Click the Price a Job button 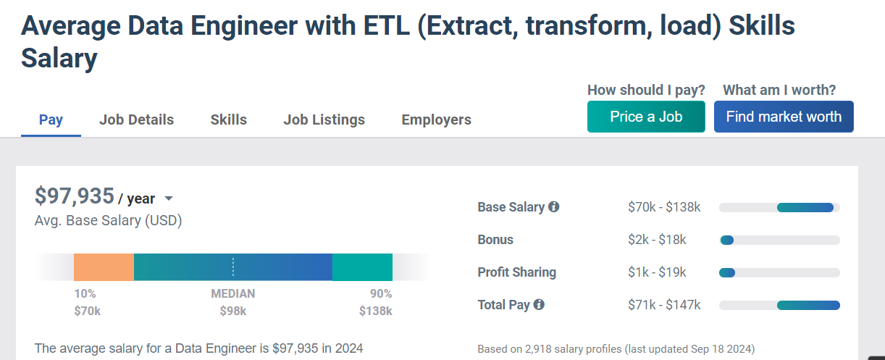pos(646,117)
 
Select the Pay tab pos(51,120)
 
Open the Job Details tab pos(136,120)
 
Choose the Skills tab pos(228,120)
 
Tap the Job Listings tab pos(324,120)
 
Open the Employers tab pos(436,120)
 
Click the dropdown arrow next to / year pos(169,198)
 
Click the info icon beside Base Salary pos(554,207)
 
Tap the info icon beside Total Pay pos(539,305)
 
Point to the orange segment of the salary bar pos(104,267)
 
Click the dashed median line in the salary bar pos(233,267)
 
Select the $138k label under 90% pos(375,311)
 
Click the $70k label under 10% pos(87,311)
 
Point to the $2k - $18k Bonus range pos(657,240)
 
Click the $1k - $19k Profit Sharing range pos(657,272)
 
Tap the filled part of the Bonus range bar pos(726,240)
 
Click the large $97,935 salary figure pos(75,196)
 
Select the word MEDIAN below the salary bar pos(233,294)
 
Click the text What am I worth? pos(779,90)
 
